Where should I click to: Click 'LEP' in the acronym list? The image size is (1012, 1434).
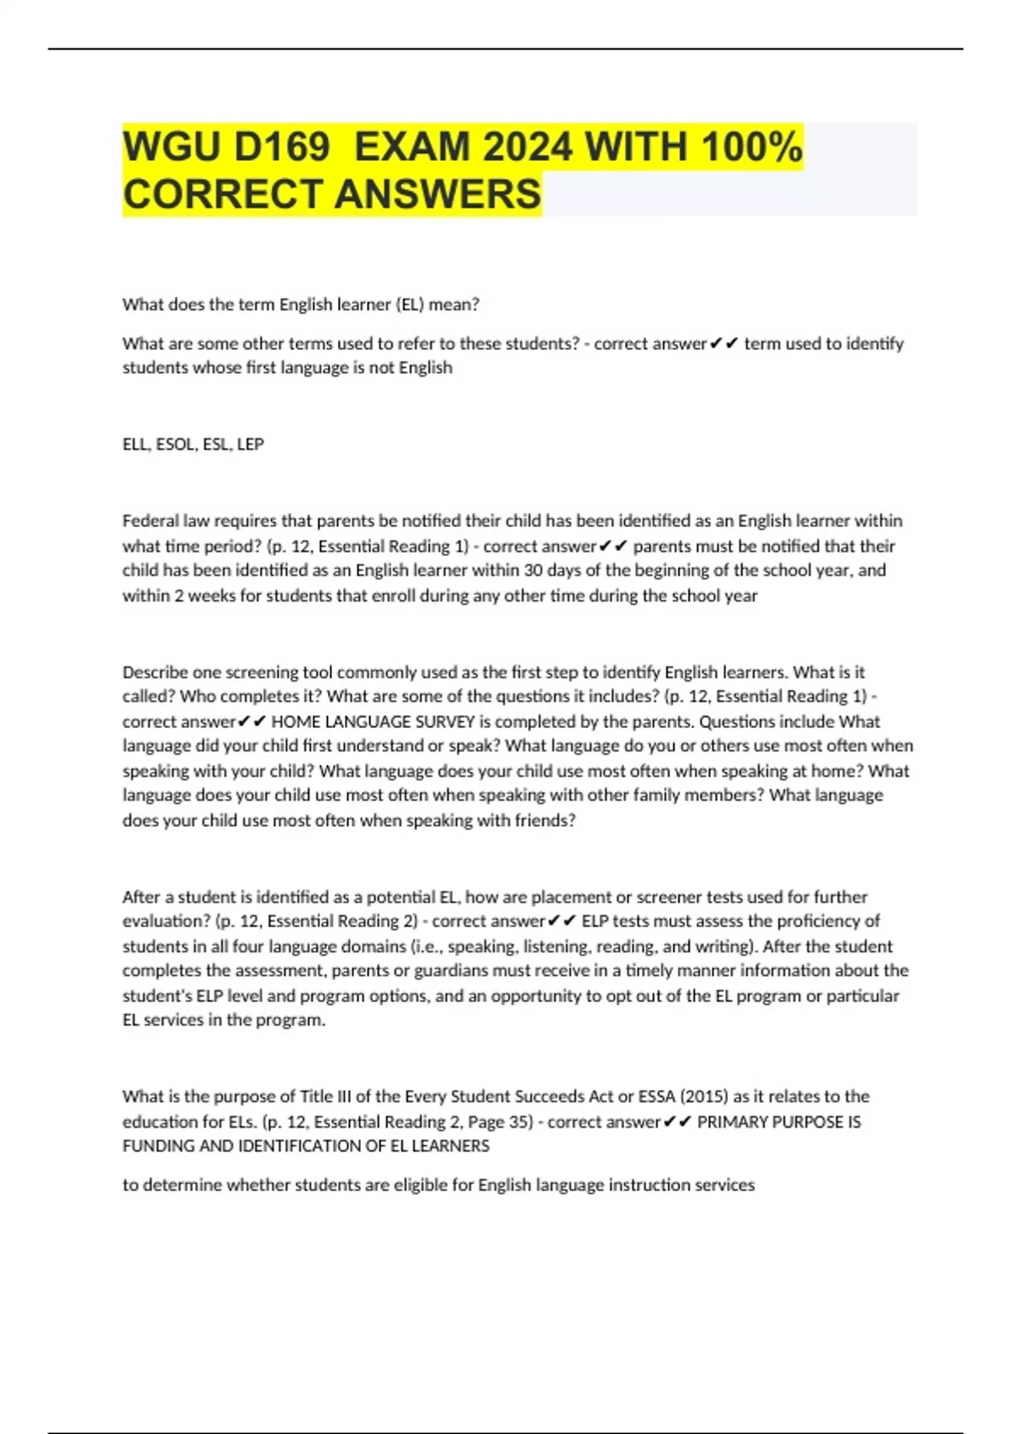(x=250, y=444)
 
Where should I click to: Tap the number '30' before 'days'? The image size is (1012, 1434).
(x=533, y=570)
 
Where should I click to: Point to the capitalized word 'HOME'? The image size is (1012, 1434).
(x=295, y=721)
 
